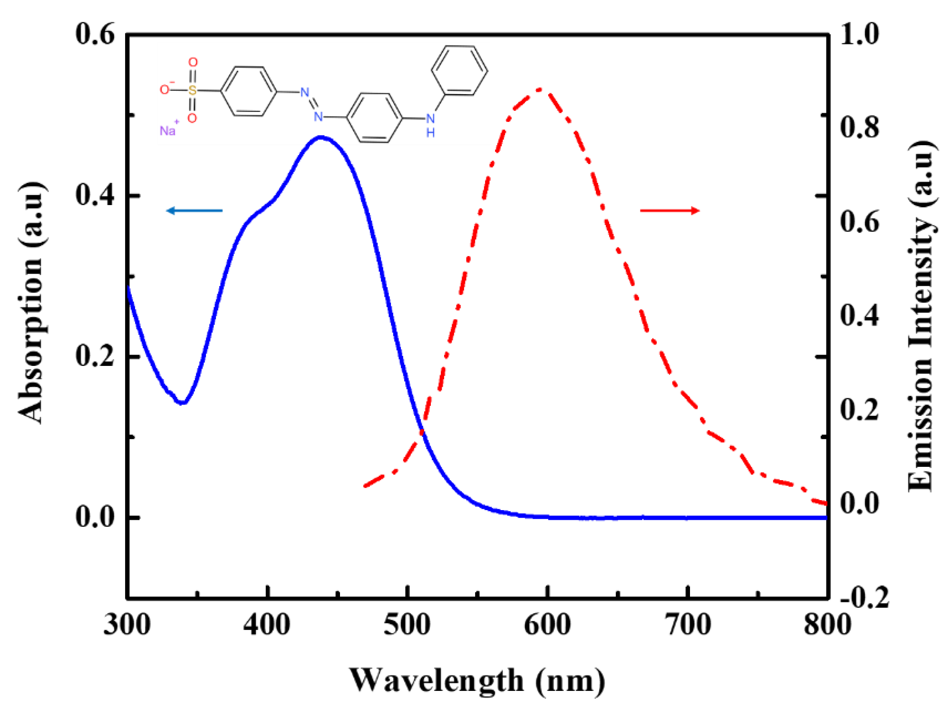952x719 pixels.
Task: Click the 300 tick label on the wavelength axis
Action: point(127,624)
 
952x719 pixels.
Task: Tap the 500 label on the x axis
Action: point(407,624)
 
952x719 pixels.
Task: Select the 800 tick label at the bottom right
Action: point(827,624)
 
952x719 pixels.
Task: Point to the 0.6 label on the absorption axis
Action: point(95,34)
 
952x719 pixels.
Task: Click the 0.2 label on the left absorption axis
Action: point(95,356)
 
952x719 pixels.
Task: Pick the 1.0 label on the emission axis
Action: point(860,34)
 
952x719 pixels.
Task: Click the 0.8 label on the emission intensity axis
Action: point(860,128)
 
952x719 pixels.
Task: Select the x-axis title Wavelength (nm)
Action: point(477,680)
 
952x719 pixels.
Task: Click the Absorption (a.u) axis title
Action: point(31,302)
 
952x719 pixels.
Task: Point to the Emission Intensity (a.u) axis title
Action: point(922,316)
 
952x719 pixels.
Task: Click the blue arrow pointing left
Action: point(194,210)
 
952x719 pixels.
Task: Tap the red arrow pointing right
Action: point(670,210)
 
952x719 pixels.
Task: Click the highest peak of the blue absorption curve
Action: point(321,138)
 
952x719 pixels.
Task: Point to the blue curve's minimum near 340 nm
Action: point(182,403)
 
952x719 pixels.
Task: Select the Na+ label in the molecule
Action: point(168,129)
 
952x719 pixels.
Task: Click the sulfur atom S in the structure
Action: point(192,90)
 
